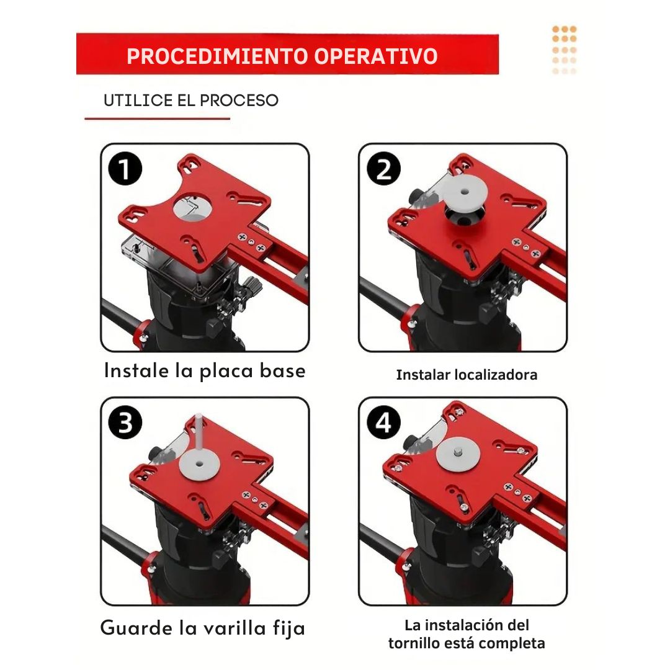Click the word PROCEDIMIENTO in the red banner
[217, 56]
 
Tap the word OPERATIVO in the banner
[376, 56]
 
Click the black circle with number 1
[125, 169]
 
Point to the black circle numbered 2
[384, 169]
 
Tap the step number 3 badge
[125, 422]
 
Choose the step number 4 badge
[384, 422]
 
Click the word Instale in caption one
[136, 370]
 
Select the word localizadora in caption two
[496, 375]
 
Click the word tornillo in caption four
[414, 643]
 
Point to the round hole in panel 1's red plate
[193, 207]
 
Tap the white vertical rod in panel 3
[199, 437]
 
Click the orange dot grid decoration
[565, 50]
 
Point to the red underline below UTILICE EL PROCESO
[157, 118]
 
